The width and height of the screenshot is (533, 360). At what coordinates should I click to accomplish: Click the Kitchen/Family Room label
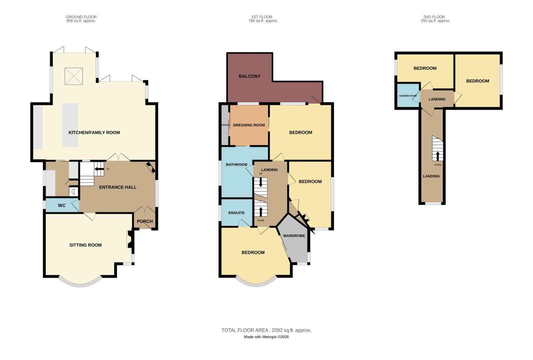(94, 133)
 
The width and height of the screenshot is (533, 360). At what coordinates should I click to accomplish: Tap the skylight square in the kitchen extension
(73, 76)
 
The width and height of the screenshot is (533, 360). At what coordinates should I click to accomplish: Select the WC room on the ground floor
(62, 205)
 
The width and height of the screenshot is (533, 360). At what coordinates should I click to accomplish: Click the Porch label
(145, 221)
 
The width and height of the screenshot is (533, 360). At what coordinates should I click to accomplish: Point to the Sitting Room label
(85, 245)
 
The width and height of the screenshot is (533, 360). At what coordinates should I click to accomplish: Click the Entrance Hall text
(118, 187)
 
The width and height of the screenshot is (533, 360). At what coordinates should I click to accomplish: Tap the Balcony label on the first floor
(250, 76)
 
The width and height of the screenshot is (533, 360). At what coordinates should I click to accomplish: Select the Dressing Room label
(249, 125)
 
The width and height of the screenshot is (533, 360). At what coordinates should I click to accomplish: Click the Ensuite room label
(237, 213)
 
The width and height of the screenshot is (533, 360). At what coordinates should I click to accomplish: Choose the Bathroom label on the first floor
(237, 165)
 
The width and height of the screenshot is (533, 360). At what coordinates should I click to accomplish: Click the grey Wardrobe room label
(294, 236)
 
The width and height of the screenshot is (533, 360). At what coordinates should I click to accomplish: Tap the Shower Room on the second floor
(408, 96)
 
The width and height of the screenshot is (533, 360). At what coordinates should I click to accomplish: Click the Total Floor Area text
(266, 330)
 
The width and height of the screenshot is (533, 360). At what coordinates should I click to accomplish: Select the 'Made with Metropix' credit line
(266, 337)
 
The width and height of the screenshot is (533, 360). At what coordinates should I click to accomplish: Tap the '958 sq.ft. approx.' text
(81, 21)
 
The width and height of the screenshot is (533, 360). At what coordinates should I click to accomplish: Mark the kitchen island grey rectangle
(70, 125)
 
